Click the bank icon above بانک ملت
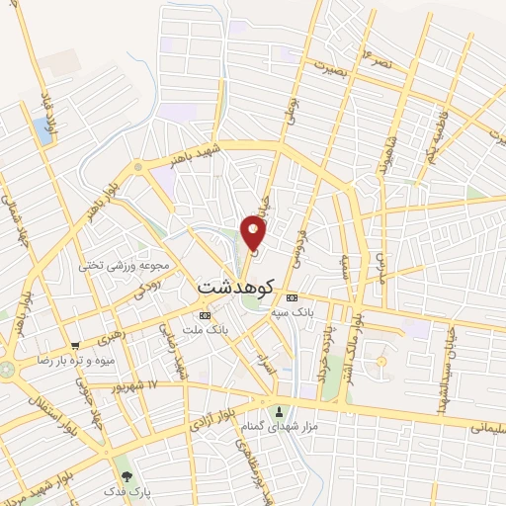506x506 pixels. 205,315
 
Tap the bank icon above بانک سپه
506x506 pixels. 292,297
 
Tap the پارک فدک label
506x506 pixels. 124,490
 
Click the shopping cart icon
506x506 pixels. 75,347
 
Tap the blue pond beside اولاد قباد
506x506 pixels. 42,127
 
